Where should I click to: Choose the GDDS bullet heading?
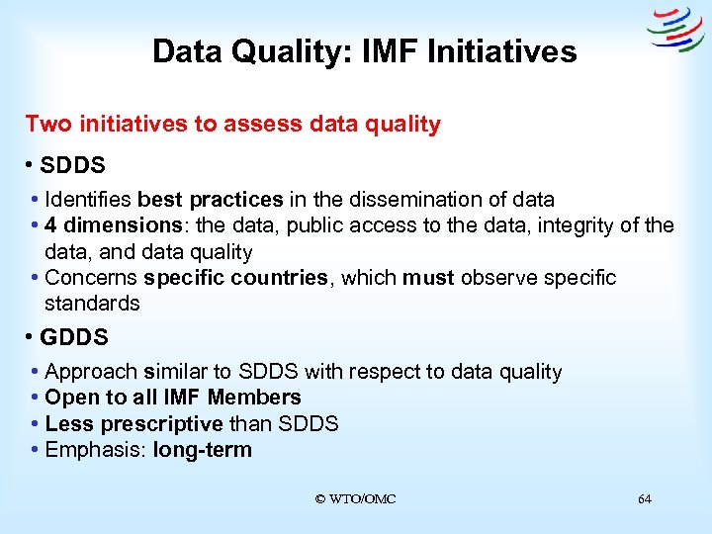73,337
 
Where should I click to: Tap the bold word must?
429,278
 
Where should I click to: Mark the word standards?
92,304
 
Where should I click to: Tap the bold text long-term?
202,451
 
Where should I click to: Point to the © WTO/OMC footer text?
355,499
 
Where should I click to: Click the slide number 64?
645,499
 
